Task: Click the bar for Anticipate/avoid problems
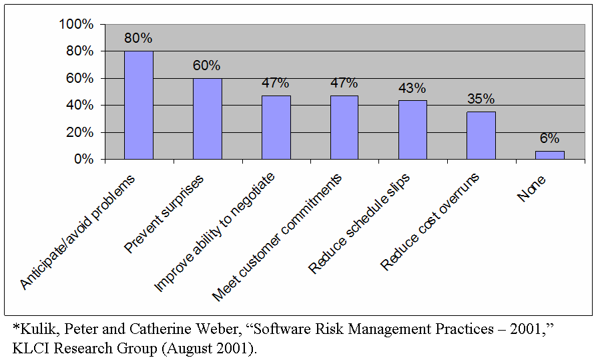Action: [139, 106]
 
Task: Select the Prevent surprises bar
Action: [207, 119]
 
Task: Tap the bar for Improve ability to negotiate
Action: [276, 128]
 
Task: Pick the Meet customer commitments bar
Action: [344, 128]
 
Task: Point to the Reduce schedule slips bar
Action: [412, 130]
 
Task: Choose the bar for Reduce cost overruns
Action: [481, 136]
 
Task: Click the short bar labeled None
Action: [549, 155]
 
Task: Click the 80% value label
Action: [138, 38]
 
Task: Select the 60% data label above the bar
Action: [207, 65]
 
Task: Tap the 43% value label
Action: [412, 88]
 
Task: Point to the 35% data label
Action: [481, 99]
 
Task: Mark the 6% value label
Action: [549, 138]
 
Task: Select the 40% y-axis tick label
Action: [79, 106]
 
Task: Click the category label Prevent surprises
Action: [165, 214]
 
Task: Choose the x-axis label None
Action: [532, 189]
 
